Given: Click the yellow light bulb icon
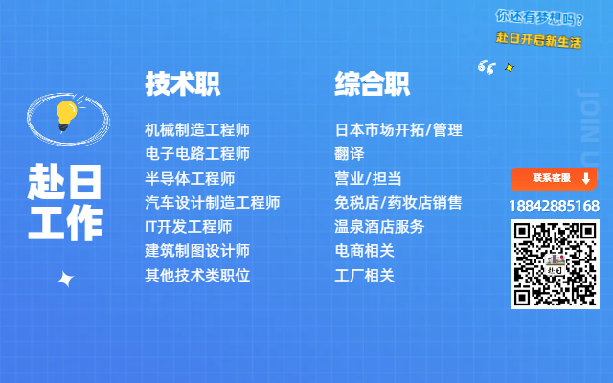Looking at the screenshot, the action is point(66,116).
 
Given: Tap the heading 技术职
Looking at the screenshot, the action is point(183,83).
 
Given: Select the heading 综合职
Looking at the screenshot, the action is point(372,83).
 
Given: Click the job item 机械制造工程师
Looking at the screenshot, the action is point(197,130).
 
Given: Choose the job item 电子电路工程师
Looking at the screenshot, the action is point(197,154).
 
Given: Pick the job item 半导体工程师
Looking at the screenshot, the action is point(190,179).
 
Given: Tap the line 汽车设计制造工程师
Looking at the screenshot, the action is point(213,203).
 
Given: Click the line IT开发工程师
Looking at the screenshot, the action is point(189,227).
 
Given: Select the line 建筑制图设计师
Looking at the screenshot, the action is point(197,251).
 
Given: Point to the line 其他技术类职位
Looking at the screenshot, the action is point(197,276).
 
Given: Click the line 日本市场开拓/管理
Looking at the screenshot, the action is point(398,130).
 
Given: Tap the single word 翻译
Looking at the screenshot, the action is point(349,154).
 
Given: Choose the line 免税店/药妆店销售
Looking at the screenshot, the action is point(398,203).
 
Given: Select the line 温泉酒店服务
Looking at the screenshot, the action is point(379,227).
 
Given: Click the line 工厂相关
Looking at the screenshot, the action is point(364,276).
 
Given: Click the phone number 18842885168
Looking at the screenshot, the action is point(555,206).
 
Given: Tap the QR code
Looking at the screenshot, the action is point(555,264).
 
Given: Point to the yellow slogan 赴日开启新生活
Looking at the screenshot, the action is point(538,40).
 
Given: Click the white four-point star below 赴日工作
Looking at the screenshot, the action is point(65,279).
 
